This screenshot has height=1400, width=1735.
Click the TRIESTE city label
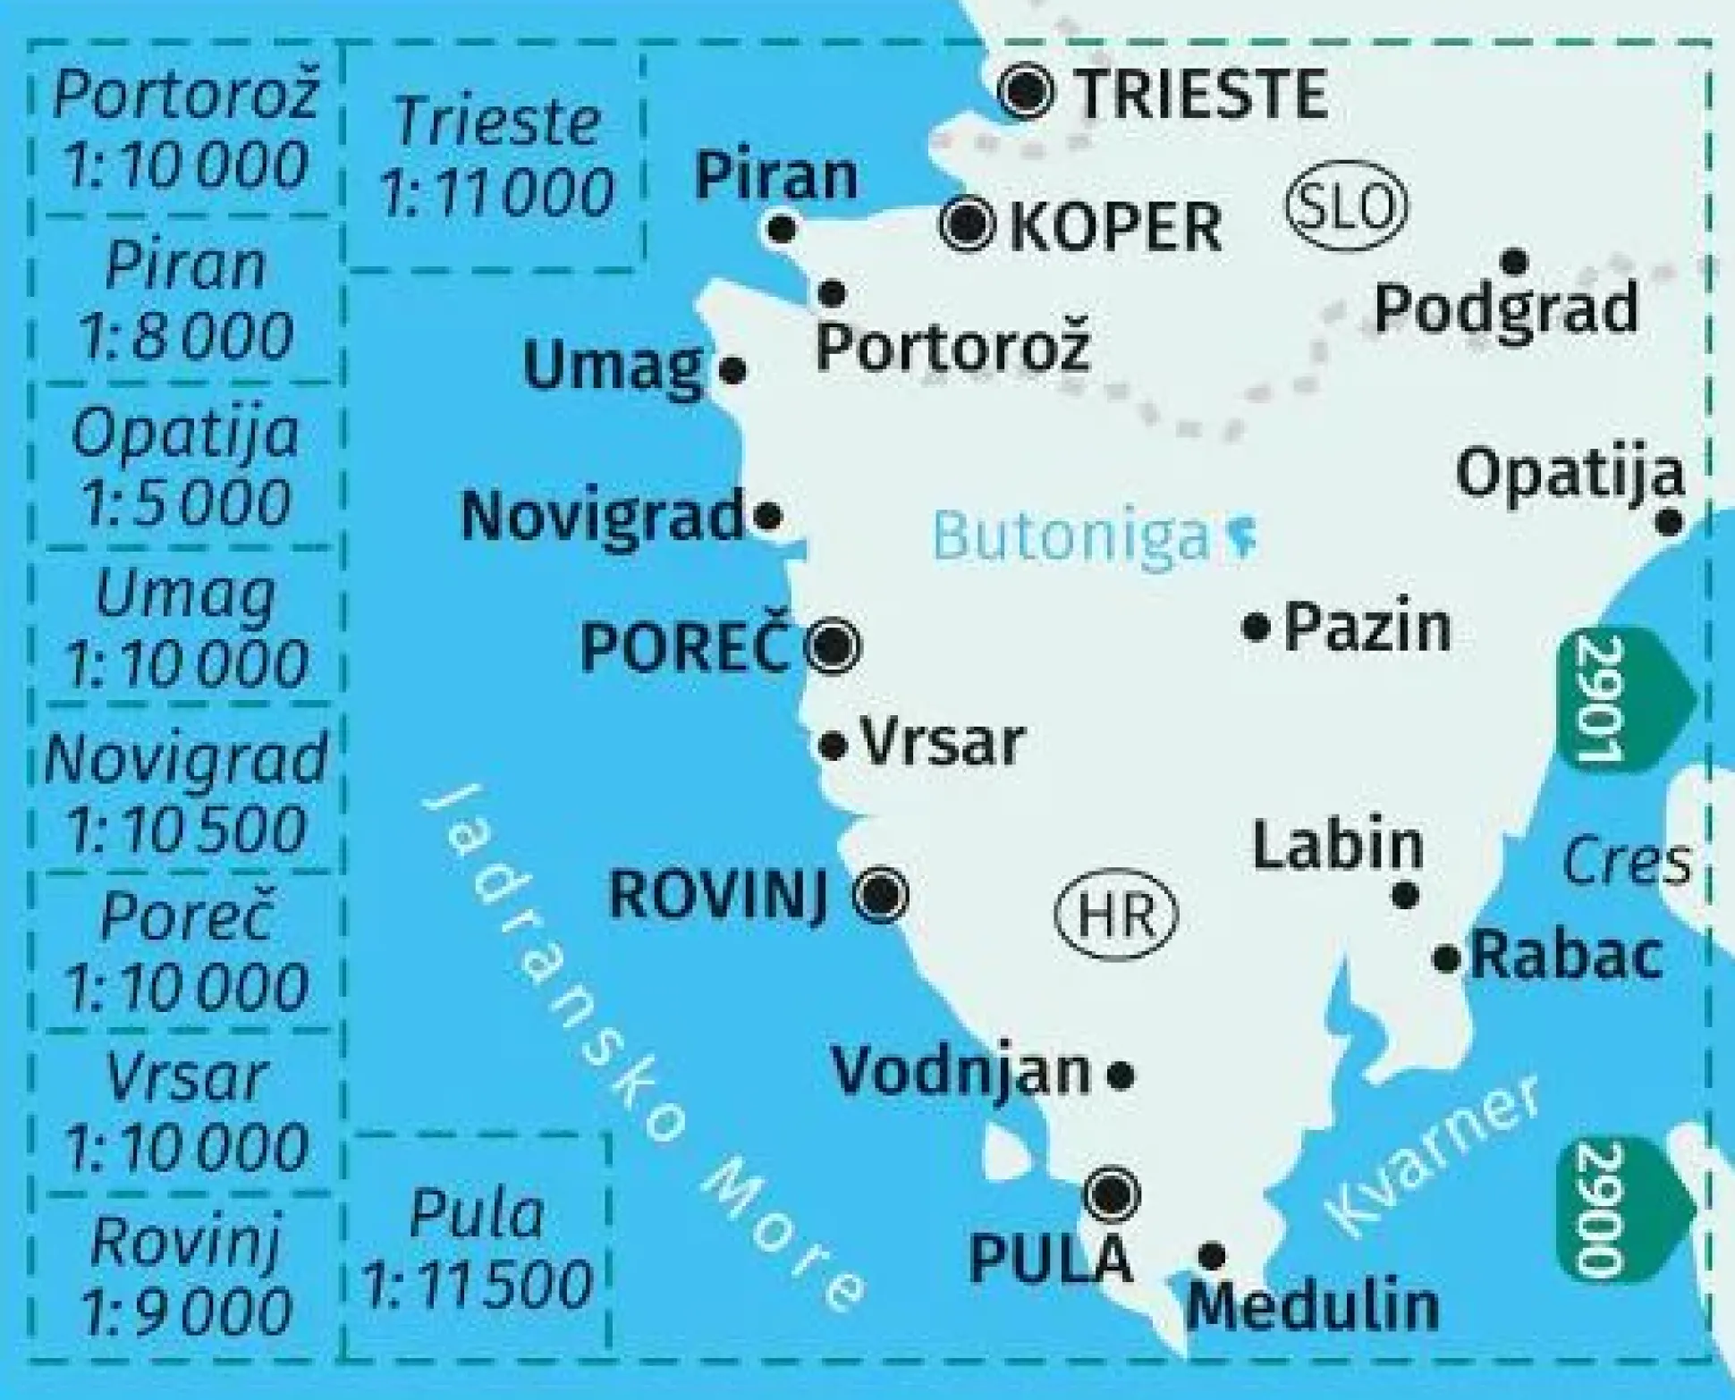click(1201, 94)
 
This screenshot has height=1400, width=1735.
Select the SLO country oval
click(1346, 205)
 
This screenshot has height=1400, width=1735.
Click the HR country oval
click(1116, 915)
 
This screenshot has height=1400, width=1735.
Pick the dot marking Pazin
click(1257, 627)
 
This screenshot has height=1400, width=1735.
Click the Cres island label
click(1626, 861)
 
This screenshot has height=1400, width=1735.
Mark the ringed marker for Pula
click(1111, 1193)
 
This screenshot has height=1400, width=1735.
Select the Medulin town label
click(1313, 1306)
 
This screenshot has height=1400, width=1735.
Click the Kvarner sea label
click(1431, 1159)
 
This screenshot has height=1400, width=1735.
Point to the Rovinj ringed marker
click(882, 894)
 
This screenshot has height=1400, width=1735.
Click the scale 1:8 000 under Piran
click(186, 335)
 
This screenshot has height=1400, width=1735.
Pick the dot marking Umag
click(732, 369)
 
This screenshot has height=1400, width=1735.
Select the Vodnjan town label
click(961, 1071)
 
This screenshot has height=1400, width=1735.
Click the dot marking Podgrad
click(1514, 262)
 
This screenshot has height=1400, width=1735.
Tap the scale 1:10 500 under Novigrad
click(186, 829)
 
